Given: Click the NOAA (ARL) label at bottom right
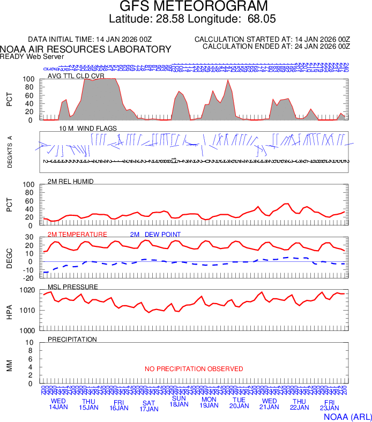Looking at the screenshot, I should click(x=347, y=416).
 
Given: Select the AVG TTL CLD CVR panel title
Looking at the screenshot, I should click(x=76, y=76).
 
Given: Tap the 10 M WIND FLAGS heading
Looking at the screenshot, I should click(x=80, y=129).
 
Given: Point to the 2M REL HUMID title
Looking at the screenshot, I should click(x=71, y=182).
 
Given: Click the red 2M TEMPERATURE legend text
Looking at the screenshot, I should click(x=77, y=235).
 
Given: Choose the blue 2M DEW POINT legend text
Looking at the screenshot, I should click(x=155, y=235).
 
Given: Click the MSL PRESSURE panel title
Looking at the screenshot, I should click(x=73, y=287).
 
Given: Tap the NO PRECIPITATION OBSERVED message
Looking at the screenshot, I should click(x=194, y=369).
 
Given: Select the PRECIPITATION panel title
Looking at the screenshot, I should click(x=72, y=340).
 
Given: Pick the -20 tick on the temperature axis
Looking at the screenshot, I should click(x=29, y=278).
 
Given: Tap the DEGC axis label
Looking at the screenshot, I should click(x=10, y=258).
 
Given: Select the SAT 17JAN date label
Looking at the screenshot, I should click(x=149, y=406).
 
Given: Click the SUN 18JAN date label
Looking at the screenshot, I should click(x=179, y=401).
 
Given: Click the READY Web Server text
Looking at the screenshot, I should click(x=32, y=56).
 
